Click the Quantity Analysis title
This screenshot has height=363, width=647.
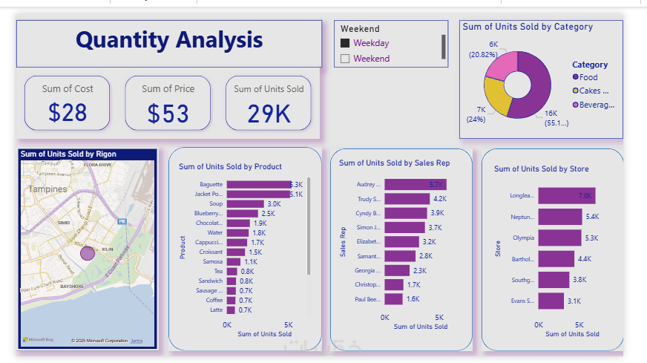(x=169, y=40)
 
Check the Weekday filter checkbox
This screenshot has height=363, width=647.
(x=345, y=44)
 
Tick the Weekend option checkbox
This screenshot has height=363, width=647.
(x=345, y=59)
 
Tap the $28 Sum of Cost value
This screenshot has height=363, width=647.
(x=68, y=113)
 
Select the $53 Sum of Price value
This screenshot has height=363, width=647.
(x=168, y=114)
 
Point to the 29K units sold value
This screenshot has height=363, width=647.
(x=269, y=114)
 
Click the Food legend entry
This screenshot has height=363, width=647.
(x=588, y=77)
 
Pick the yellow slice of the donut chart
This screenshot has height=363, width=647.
(x=497, y=97)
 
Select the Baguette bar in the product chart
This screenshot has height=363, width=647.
(x=258, y=184)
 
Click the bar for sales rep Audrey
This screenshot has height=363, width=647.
(x=415, y=185)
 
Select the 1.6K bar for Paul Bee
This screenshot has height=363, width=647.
(x=393, y=299)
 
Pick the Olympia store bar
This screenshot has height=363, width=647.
(x=560, y=238)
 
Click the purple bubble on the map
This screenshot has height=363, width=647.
(x=88, y=252)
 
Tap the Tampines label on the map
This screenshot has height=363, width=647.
(x=47, y=189)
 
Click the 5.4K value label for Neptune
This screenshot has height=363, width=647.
(x=591, y=217)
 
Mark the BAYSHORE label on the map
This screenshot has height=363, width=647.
(x=72, y=286)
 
